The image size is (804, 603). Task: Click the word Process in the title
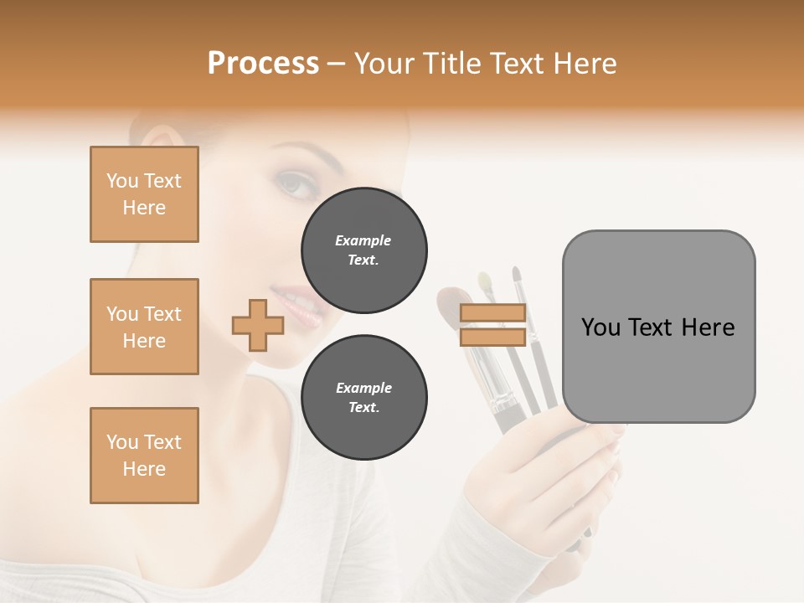[x=263, y=64]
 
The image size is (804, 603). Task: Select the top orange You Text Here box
[x=144, y=194]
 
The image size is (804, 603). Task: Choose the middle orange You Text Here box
[x=144, y=327]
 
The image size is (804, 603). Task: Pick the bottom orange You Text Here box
[x=144, y=456]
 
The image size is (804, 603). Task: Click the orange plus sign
[x=257, y=325]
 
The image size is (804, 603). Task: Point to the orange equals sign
[x=492, y=325]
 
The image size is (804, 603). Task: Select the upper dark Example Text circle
[x=363, y=250]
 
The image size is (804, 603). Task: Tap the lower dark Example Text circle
[x=363, y=398]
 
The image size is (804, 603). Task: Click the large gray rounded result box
[x=658, y=327]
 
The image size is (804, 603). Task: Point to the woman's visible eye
[x=292, y=183]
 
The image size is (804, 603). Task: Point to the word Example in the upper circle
[x=363, y=240]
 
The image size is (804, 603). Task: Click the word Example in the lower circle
[x=363, y=388]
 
